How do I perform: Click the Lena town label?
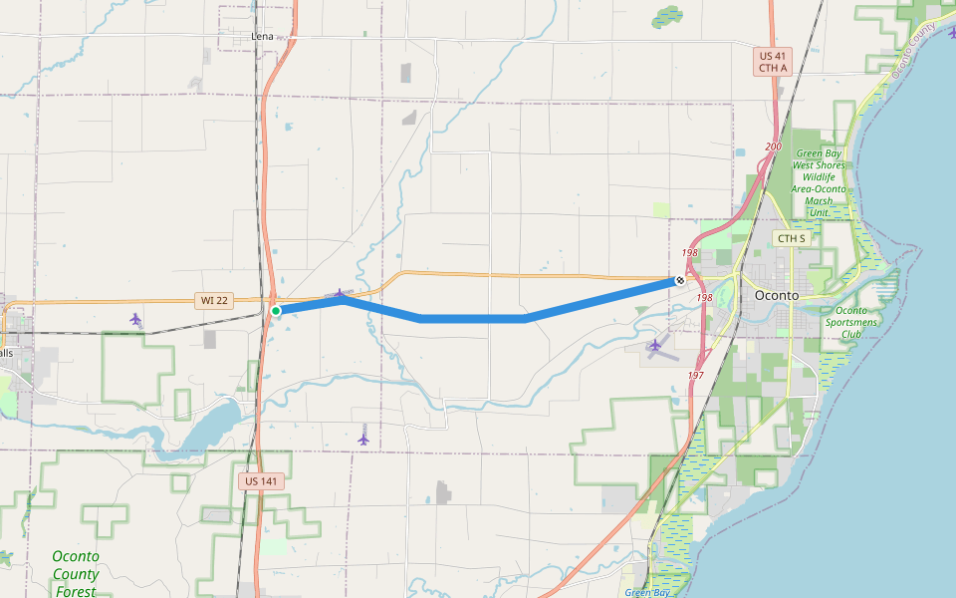[262, 36]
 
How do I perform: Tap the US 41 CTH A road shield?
[773, 62]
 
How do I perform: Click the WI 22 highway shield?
[214, 300]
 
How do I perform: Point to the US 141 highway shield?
[262, 480]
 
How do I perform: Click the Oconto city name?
[777, 295]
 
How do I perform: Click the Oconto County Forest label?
[76, 574]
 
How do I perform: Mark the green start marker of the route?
[276, 311]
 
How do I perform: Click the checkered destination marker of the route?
[680, 281]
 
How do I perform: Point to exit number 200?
[774, 147]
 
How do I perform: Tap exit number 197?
[695, 375]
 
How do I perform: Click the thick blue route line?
[473, 318]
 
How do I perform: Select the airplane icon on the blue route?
[341, 294]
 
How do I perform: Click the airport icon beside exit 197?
[654, 346]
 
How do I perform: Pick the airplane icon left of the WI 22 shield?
[135, 319]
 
